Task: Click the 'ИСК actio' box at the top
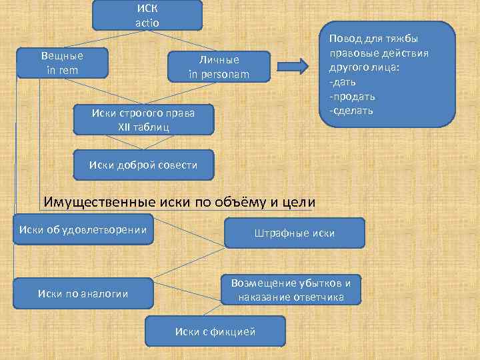[147, 15]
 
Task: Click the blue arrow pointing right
[291, 66]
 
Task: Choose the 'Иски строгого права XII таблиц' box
[143, 119]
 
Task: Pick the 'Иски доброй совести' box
[143, 165]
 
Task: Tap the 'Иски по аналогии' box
[83, 293]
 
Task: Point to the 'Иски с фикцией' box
[215, 331]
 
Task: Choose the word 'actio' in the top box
[147, 22]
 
